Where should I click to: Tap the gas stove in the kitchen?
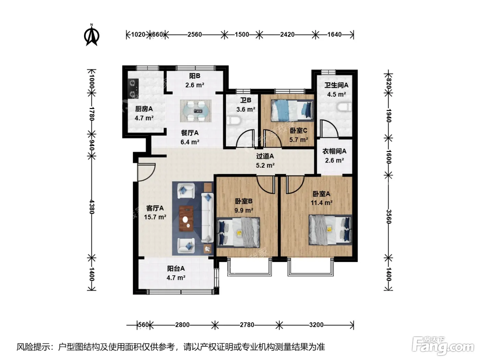click(x=133, y=88)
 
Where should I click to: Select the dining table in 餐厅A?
click(x=196, y=111)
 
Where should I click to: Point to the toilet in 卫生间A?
click(x=345, y=107)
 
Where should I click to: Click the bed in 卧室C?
click(x=292, y=110)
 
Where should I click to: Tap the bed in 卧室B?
click(x=238, y=232)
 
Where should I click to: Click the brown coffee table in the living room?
click(x=186, y=218)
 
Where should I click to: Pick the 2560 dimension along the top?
click(x=195, y=35)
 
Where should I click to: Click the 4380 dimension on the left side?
click(x=92, y=207)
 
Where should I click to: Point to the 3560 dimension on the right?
click(x=388, y=216)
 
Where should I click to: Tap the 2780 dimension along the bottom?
click(x=247, y=325)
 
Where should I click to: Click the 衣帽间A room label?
click(x=334, y=151)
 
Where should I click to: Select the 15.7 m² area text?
click(x=155, y=217)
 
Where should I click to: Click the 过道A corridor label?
click(x=265, y=156)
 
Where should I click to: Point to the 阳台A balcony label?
click(x=176, y=268)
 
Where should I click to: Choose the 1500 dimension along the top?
click(x=242, y=35)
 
